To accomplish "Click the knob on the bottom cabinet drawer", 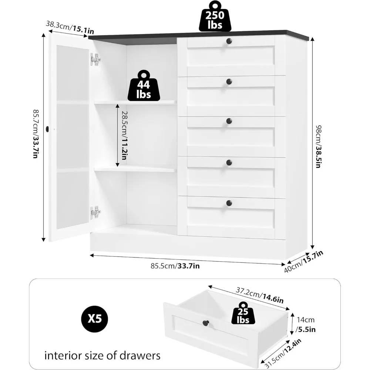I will (229, 203).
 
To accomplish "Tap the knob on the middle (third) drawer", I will (229, 121).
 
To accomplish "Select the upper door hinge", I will (95, 60).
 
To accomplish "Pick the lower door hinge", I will (95, 212).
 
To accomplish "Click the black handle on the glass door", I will (48, 129).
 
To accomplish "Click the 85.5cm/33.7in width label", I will (175, 265).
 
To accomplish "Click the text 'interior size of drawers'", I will (102, 356).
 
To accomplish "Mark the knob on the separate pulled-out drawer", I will (206, 324).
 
